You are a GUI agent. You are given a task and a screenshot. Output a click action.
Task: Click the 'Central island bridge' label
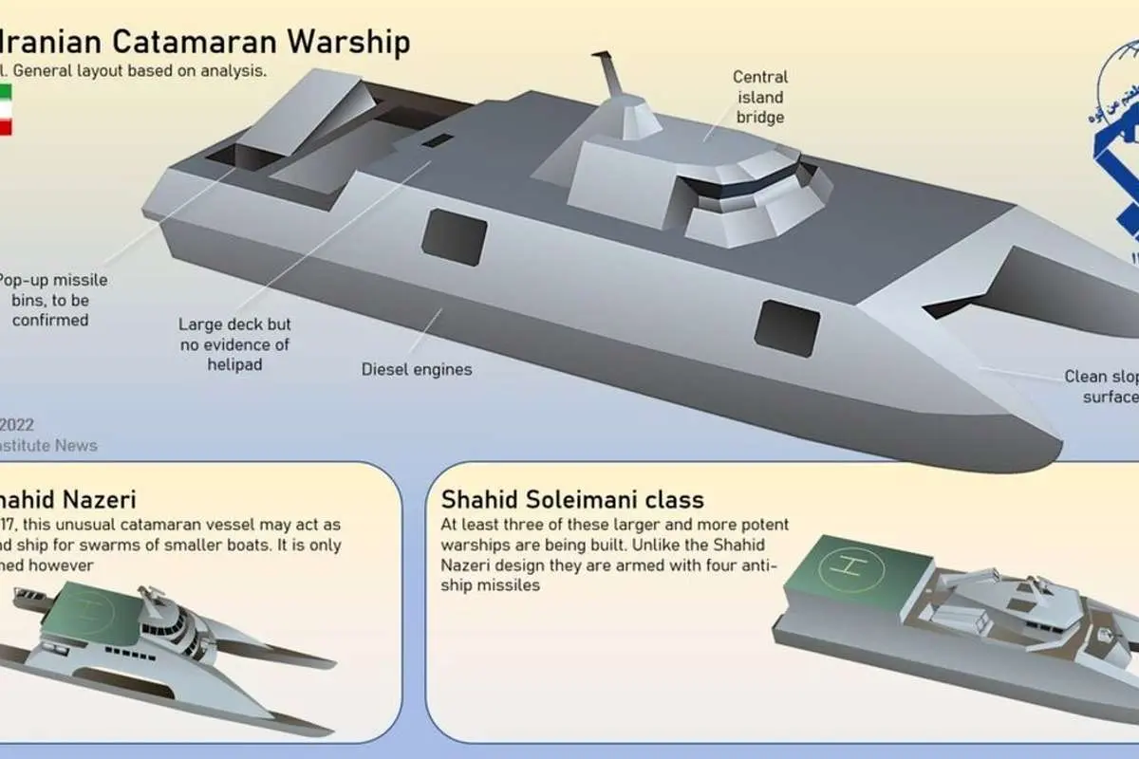[x=759, y=97]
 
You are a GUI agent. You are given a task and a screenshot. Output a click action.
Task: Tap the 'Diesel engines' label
[x=417, y=369]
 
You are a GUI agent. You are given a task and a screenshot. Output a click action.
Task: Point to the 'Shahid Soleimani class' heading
[x=572, y=499]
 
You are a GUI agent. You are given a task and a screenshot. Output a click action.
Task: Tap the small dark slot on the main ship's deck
[x=438, y=140]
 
